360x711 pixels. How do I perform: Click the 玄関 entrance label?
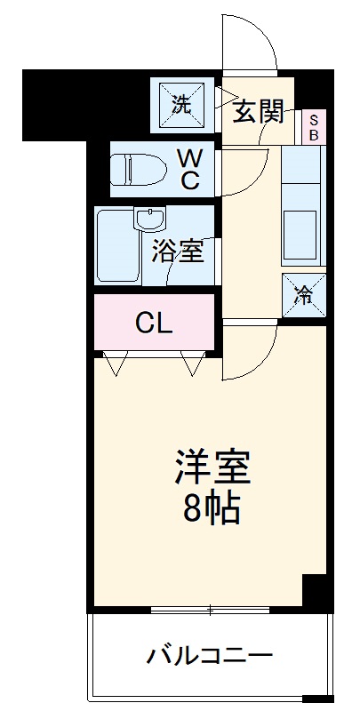[x=259, y=111]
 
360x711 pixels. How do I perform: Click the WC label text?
[x=188, y=168]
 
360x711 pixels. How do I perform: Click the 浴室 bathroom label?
[x=178, y=251]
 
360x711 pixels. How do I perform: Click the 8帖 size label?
[x=211, y=509]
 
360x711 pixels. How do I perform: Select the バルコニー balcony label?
[x=209, y=658]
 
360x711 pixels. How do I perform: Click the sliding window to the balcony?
[x=211, y=611]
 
